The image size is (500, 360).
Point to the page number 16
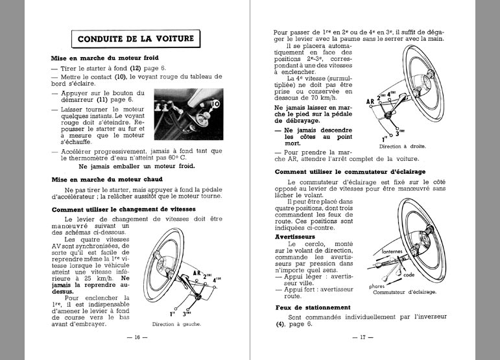point(137,337)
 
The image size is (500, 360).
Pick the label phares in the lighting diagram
point(377,286)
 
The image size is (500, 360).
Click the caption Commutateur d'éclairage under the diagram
point(405,293)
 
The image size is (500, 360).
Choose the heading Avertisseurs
point(295,237)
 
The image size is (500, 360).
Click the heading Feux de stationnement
point(313,307)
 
